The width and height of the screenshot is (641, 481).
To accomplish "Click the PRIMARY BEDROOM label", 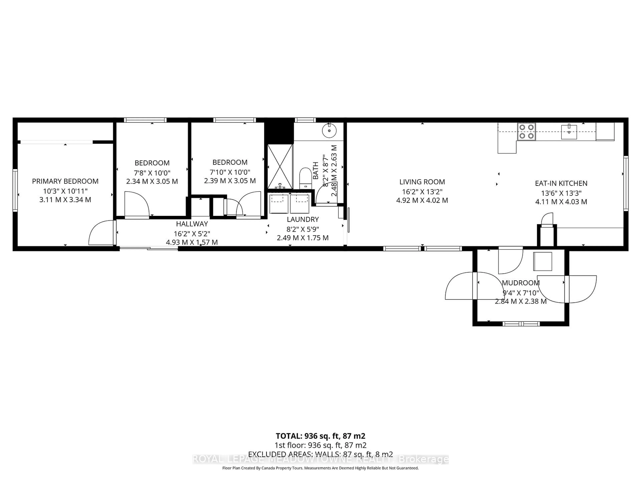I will point(65,181).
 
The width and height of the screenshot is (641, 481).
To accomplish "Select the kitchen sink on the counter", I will point(569,132).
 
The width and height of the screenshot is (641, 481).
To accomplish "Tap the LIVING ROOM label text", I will point(422,182).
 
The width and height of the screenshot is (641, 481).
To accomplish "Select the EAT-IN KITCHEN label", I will point(561,183).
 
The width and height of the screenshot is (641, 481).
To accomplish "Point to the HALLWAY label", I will point(192,224).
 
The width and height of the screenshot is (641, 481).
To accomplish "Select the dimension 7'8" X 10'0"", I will point(152,173).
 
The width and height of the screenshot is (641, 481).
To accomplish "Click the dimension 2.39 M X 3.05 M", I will point(230,181).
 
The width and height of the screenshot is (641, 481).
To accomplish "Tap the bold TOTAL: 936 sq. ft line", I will point(320,436).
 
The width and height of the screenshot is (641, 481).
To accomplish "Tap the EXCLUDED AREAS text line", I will point(320,454).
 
